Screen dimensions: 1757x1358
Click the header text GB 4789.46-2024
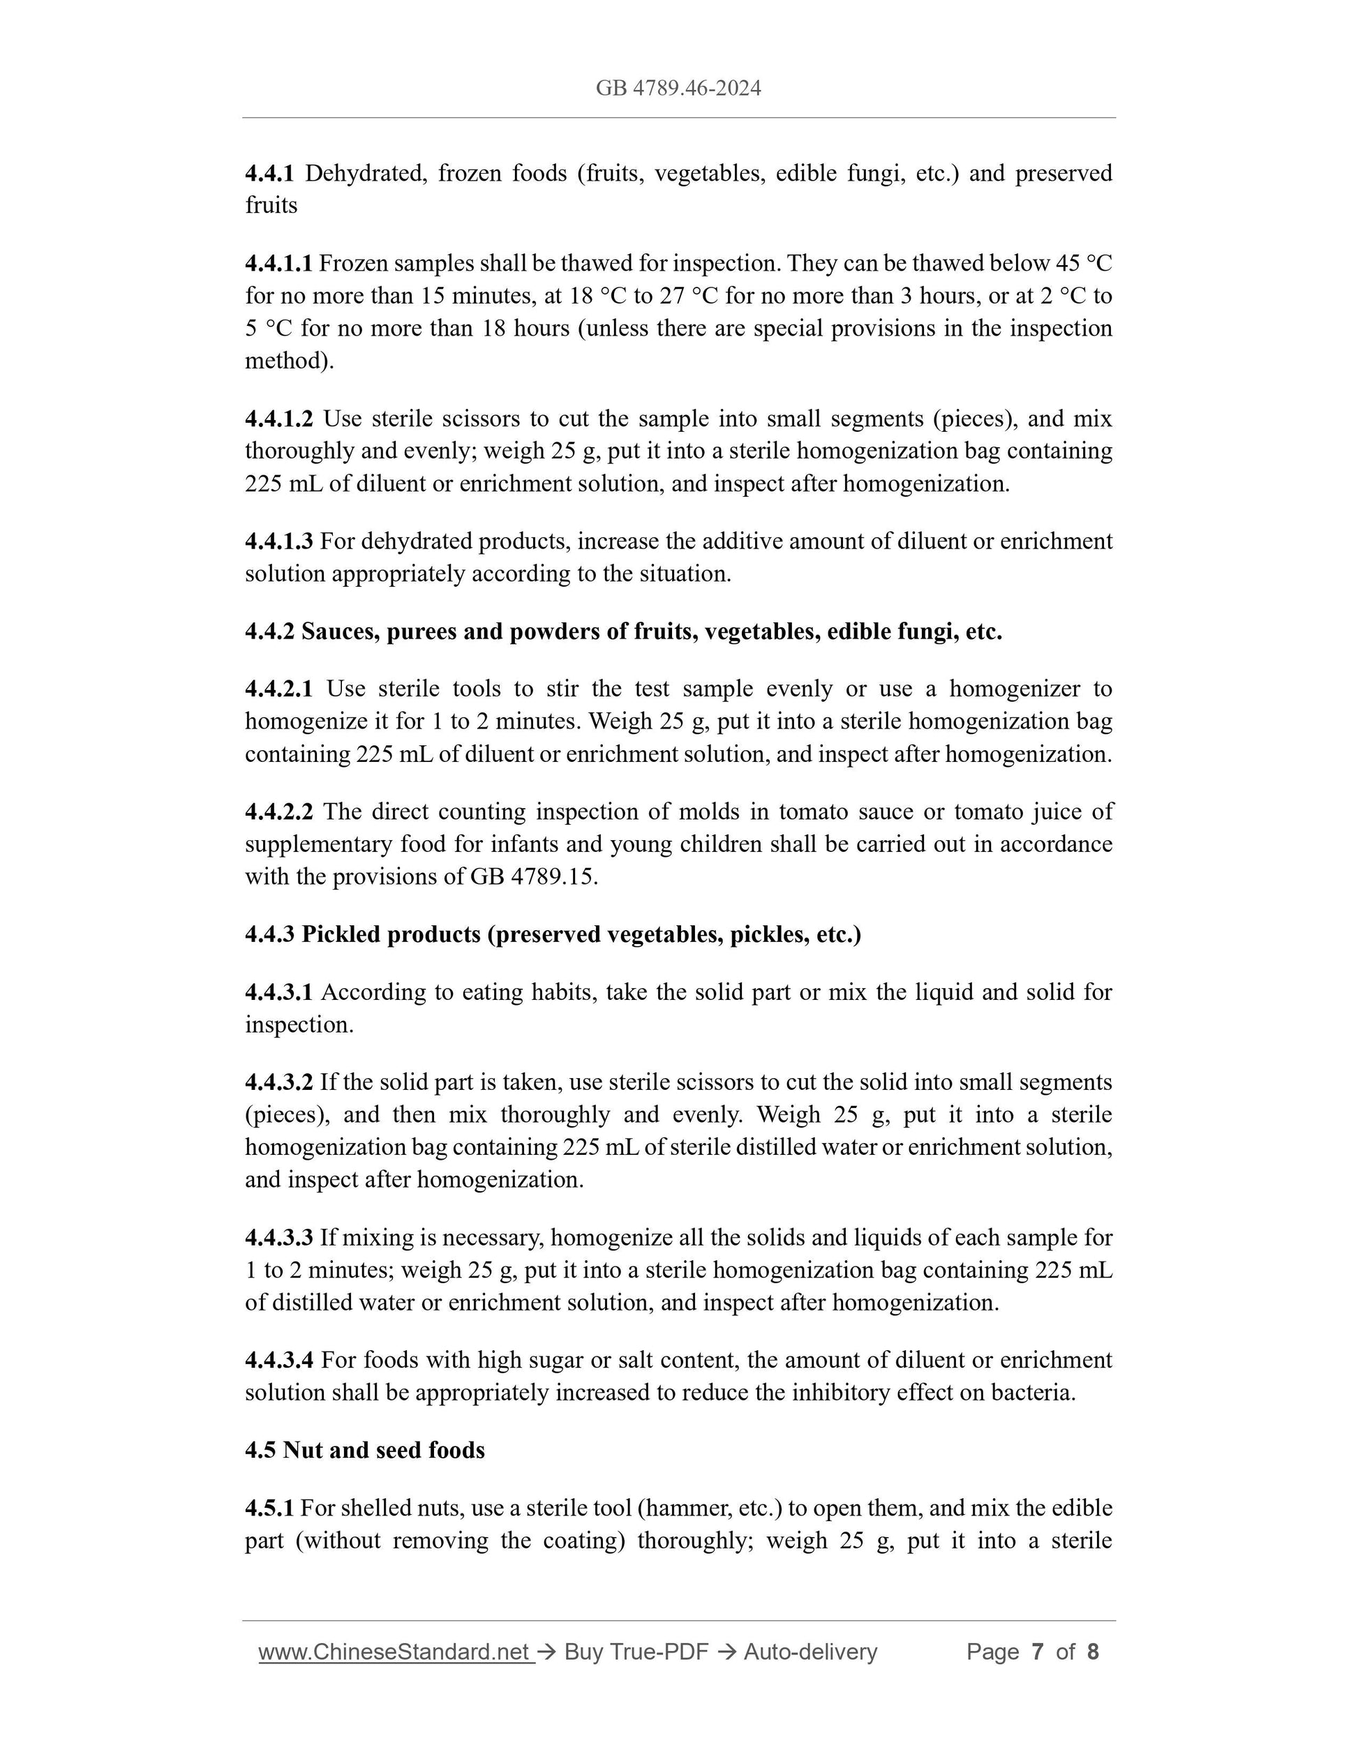(x=678, y=88)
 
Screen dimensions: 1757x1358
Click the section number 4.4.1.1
(x=278, y=263)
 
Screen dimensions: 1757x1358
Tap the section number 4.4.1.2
(x=278, y=419)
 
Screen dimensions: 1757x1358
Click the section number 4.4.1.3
(x=278, y=541)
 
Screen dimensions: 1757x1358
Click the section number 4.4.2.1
(x=278, y=689)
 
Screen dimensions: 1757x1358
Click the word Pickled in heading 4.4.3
(x=341, y=934)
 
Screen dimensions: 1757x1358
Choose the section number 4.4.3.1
(x=278, y=992)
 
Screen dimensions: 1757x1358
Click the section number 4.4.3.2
(x=278, y=1082)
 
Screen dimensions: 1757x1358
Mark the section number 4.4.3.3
(x=278, y=1237)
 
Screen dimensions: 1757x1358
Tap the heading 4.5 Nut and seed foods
(x=364, y=1450)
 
